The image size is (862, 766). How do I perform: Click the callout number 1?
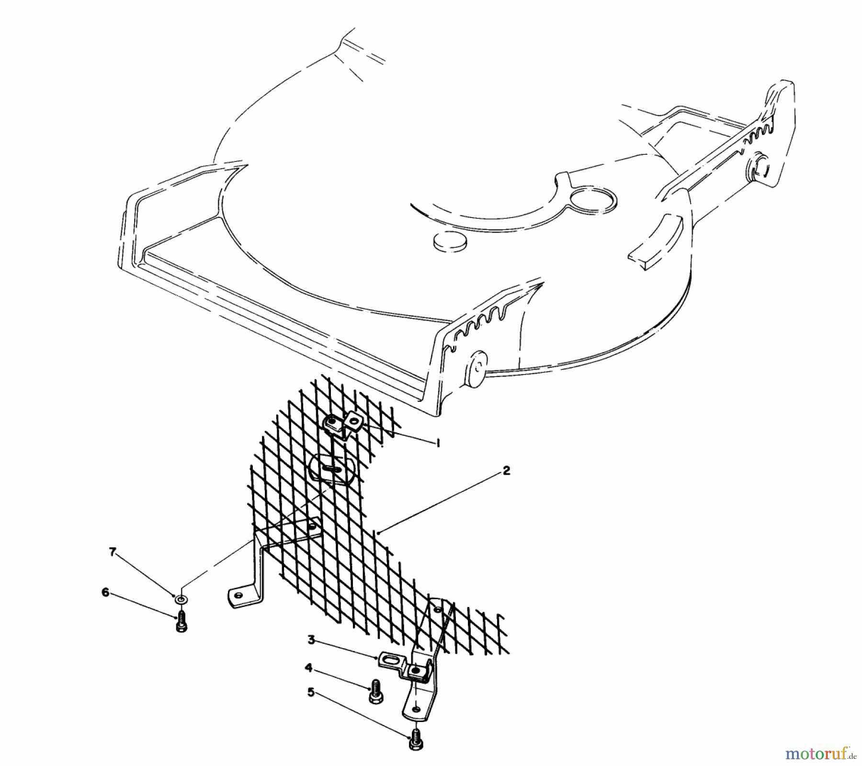tap(437, 443)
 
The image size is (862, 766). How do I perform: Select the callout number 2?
tap(506, 471)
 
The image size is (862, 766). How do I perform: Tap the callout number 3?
tap(311, 640)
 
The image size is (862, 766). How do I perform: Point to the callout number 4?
tap(309, 667)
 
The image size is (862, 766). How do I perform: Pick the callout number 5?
tap(311, 693)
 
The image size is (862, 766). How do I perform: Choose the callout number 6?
tap(105, 593)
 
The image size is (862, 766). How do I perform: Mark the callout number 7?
tap(113, 552)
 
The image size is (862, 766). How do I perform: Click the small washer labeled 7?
tap(181, 599)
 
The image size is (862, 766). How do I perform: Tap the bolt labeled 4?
tap(375, 691)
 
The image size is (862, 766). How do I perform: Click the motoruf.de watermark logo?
tap(819, 755)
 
